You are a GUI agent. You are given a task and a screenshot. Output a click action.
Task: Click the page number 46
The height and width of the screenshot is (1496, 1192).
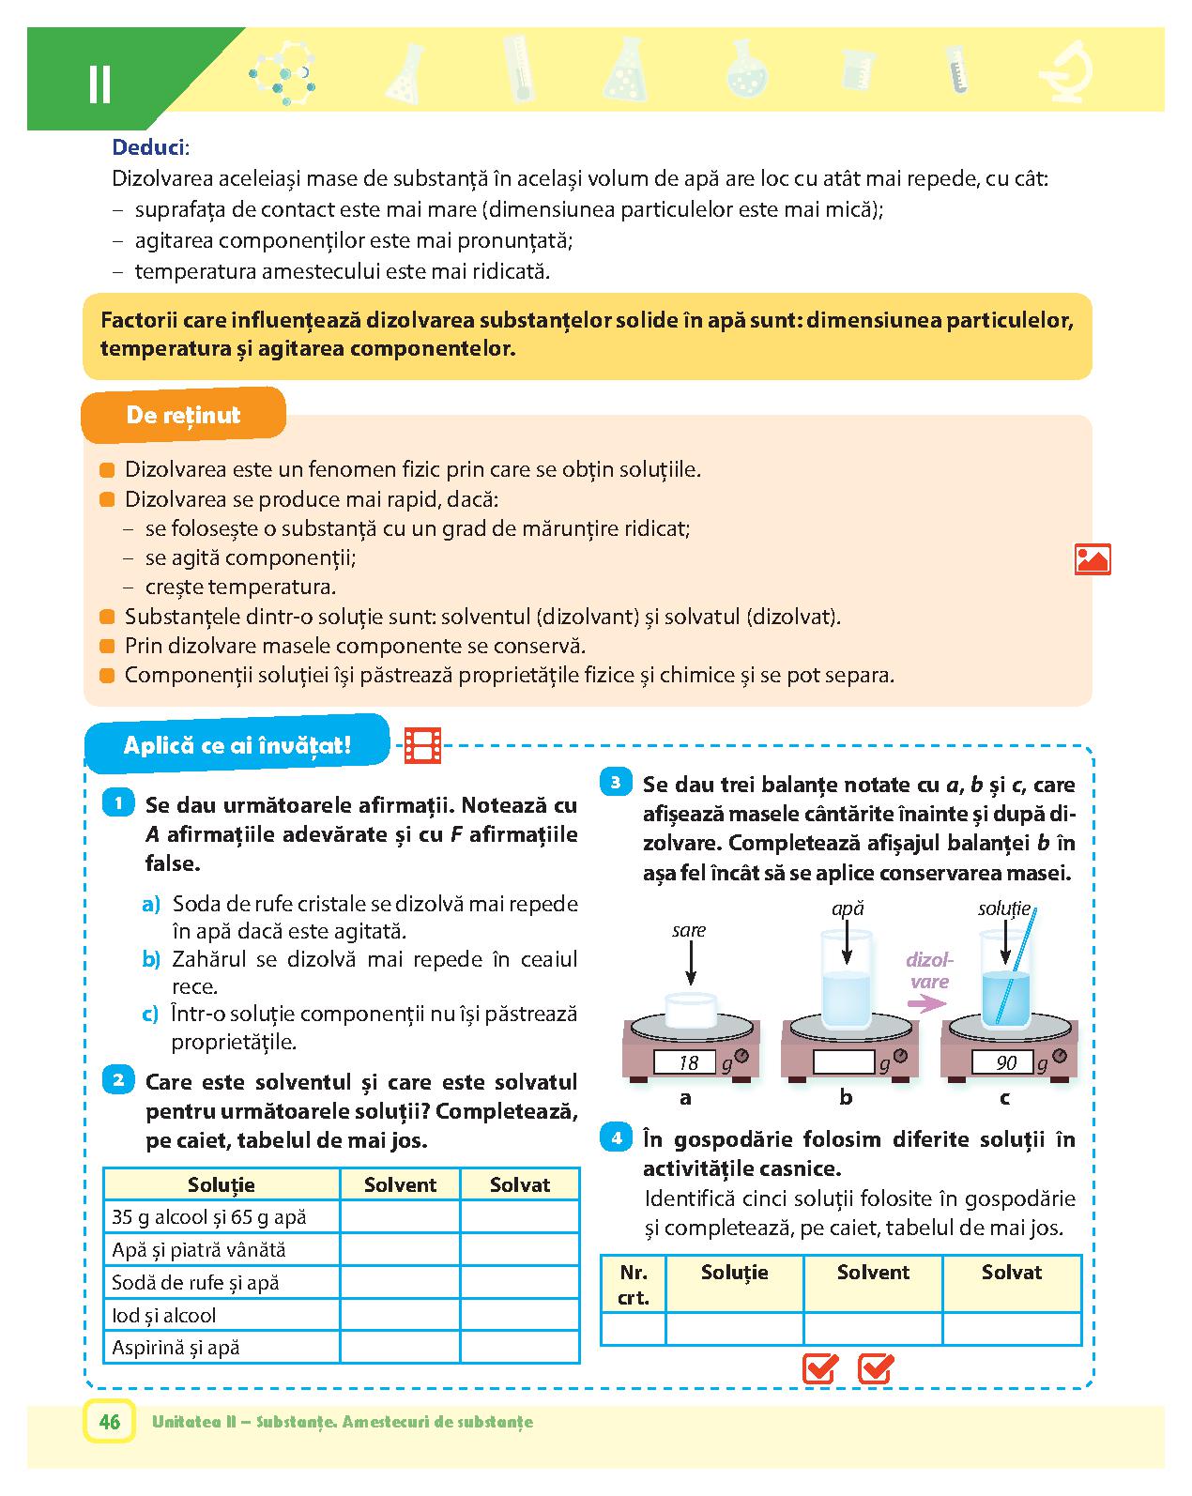click(x=109, y=1422)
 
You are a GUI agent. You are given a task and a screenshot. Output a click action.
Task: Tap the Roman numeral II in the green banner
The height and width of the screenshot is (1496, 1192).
click(x=99, y=84)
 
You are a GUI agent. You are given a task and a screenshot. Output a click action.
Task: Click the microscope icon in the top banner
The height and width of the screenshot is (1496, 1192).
click(x=1071, y=72)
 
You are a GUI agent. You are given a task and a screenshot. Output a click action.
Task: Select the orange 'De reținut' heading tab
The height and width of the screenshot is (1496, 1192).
click(x=183, y=415)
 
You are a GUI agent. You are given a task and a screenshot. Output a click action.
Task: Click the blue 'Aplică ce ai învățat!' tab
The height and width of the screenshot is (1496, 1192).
click(x=237, y=745)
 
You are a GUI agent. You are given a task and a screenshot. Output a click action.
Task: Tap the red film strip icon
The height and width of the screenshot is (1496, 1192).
click(x=422, y=746)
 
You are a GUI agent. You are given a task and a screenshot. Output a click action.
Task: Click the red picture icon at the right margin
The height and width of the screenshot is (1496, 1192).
click(x=1093, y=559)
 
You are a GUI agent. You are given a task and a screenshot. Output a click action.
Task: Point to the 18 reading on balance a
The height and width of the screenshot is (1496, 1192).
click(x=688, y=1062)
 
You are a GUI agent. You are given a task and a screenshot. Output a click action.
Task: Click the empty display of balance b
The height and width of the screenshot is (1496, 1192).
click(x=844, y=1062)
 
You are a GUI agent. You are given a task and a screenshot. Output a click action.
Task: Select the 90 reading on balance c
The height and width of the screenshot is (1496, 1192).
click(x=1006, y=1062)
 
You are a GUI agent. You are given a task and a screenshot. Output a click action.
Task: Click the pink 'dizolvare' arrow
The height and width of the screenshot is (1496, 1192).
click(x=928, y=1003)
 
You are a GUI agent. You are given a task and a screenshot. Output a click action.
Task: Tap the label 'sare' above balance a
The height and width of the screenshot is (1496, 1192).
click(x=688, y=930)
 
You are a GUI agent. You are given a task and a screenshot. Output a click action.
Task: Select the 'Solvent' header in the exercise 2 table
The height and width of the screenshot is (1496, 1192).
click(x=400, y=1184)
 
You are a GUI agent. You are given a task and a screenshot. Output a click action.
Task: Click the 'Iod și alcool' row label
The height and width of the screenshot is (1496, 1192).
click(x=163, y=1315)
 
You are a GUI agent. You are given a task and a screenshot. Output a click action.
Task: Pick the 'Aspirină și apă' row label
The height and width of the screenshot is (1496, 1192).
click(x=176, y=1348)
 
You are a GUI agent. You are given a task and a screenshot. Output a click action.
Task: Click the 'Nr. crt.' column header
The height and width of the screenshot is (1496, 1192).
click(x=634, y=1285)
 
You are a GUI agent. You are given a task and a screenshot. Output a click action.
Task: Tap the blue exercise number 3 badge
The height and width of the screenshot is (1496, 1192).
click(x=616, y=782)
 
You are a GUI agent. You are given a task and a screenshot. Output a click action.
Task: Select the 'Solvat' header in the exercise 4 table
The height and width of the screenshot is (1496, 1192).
click(x=1012, y=1273)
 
